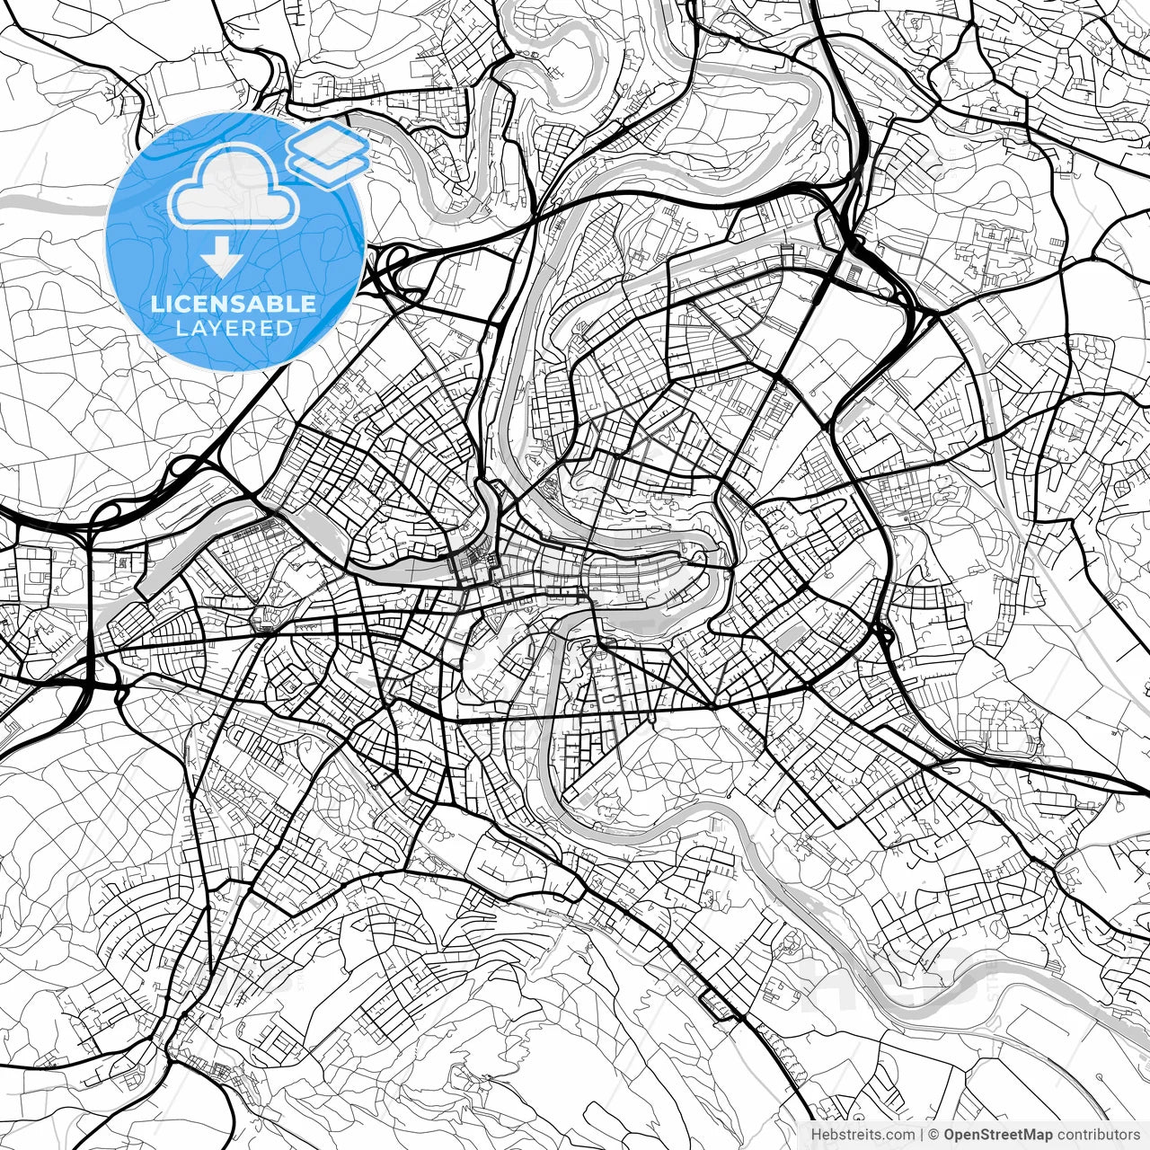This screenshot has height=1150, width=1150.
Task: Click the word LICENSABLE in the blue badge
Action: [234, 304]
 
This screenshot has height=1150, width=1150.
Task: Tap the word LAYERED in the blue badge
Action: [234, 328]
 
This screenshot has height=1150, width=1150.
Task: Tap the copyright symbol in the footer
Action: [933, 1135]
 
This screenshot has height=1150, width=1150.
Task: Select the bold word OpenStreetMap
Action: [998, 1135]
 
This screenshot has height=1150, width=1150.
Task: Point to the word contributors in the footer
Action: [1098, 1135]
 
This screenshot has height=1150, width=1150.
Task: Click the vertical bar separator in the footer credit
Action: [923, 1135]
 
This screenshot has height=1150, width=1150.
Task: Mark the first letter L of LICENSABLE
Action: [156, 304]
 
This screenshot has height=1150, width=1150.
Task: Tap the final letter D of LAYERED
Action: [286, 328]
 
